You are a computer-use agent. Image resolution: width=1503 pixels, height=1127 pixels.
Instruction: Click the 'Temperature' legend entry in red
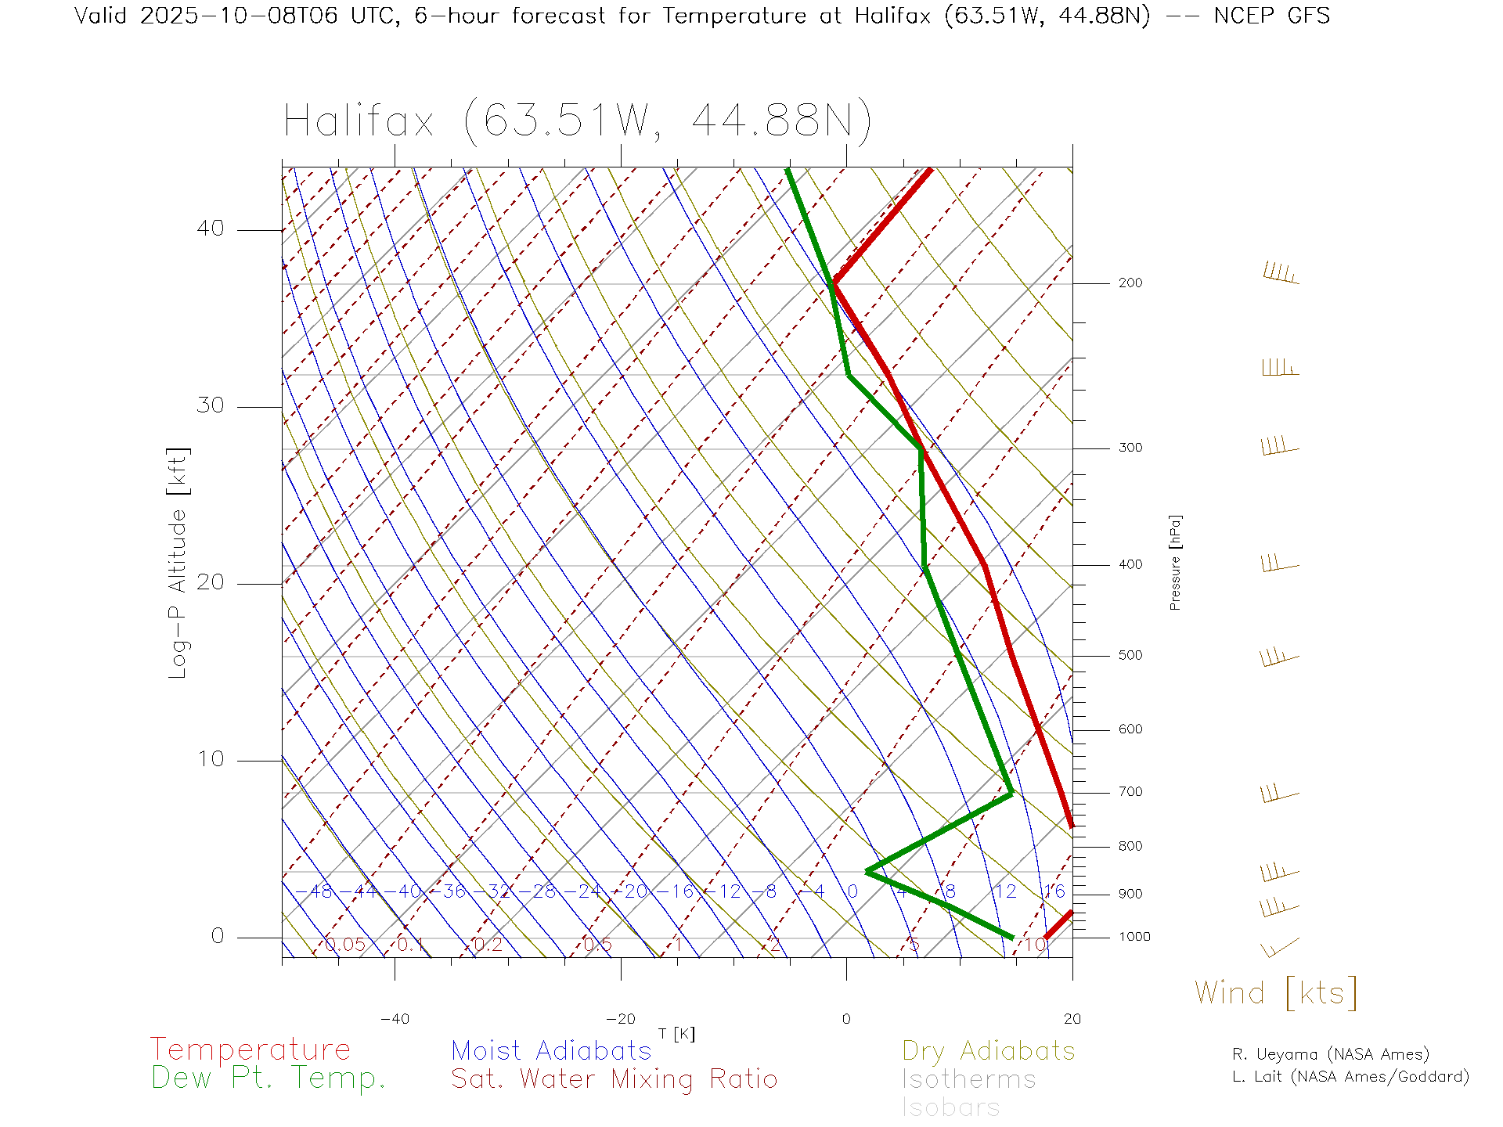click(x=250, y=1049)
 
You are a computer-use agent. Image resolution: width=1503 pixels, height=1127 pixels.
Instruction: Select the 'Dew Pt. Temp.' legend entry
click(x=269, y=1078)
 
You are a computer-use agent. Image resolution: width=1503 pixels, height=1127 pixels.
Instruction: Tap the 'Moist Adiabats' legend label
click(x=552, y=1050)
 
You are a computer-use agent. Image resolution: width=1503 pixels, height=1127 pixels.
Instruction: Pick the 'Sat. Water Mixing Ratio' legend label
click(x=615, y=1078)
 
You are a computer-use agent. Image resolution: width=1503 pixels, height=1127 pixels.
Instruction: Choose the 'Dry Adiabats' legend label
click(x=989, y=1050)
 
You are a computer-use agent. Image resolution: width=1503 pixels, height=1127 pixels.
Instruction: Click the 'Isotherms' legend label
click(x=969, y=1079)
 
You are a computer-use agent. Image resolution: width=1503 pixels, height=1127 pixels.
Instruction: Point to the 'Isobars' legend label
click(x=951, y=1107)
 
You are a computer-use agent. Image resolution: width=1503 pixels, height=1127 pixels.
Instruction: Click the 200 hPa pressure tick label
click(x=1130, y=283)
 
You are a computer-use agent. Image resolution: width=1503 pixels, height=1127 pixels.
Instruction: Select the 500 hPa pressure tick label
click(x=1130, y=656)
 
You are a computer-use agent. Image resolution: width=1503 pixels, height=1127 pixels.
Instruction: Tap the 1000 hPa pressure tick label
click(x=1134, y=937)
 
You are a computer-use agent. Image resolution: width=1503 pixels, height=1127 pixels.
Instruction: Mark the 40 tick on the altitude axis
click(x=211, y=229)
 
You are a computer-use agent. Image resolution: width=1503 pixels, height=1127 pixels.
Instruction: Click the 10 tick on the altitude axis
click(x=211, y=759)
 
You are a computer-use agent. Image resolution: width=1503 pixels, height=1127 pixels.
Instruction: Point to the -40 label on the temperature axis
click(x=395, y=1019)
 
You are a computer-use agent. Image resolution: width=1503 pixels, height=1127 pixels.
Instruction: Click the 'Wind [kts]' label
click(x=1276, y=992)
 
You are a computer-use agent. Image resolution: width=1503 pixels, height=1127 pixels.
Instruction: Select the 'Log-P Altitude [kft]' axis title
click(x=178, y=563)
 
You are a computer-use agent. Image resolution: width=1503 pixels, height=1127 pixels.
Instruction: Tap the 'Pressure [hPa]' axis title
click(x=1175, y=562)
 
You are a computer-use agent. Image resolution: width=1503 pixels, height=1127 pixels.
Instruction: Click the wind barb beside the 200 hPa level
click(x=1281, y=273)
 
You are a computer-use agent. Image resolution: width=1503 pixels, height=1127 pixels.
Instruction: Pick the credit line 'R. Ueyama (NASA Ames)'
click(x=1331, y=1054)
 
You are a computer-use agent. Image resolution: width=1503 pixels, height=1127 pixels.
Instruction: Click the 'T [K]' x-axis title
click(x=676, y=1034)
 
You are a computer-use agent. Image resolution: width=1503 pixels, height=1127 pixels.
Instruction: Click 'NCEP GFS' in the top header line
click(x=1271, y=16)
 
